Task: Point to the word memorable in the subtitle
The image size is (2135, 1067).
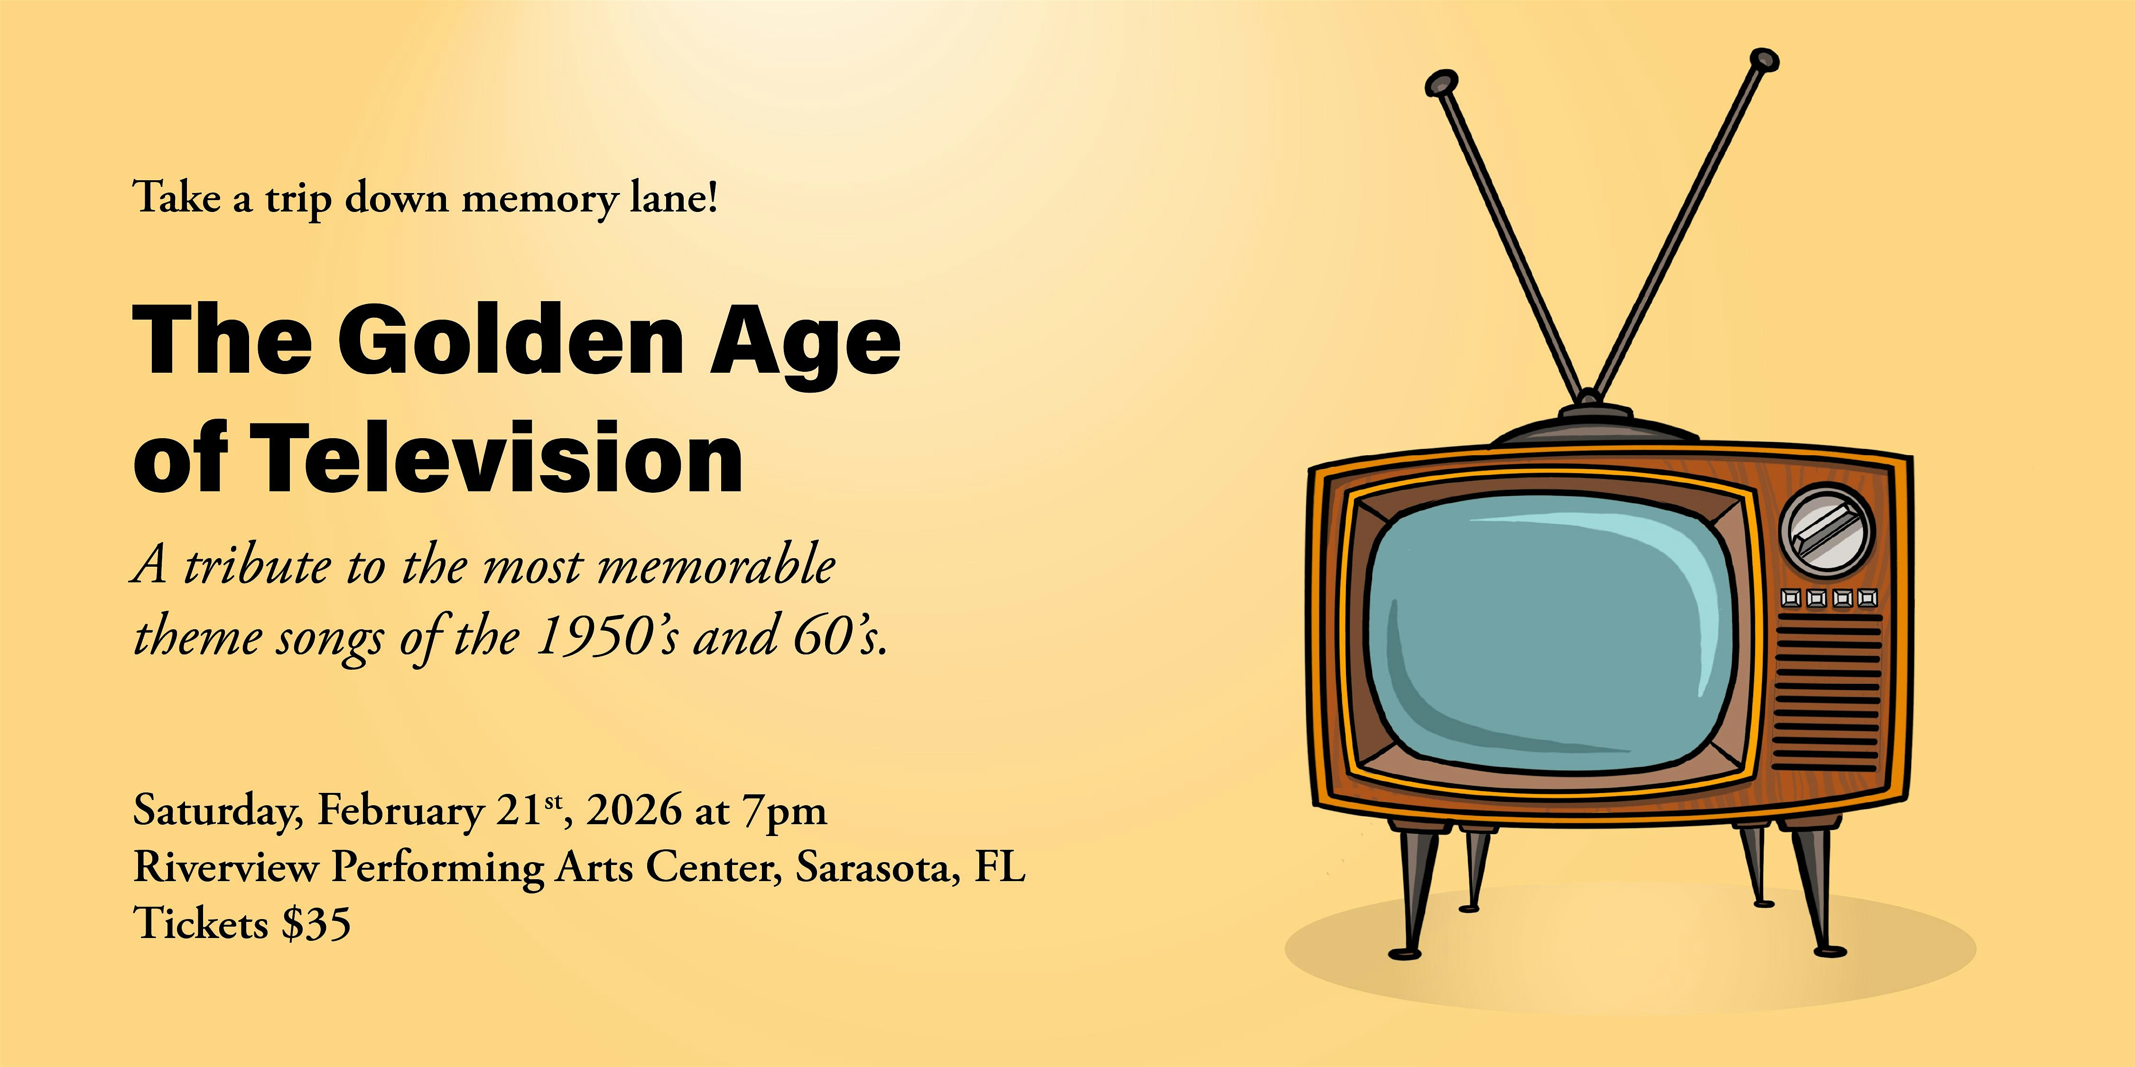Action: [716, 566]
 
